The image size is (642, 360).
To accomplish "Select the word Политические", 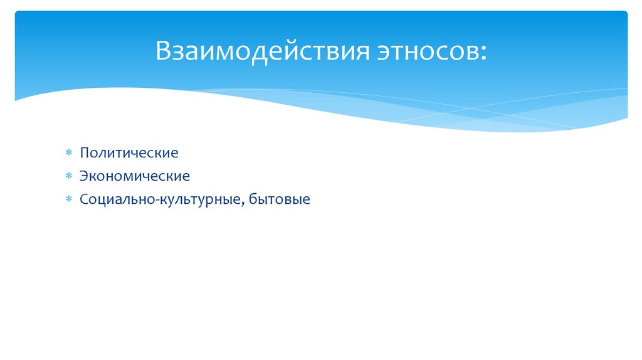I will click(x=129, y=153).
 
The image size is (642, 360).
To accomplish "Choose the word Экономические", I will click(x=134, y=177).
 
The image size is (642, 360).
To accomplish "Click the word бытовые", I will click(x=280, y=201).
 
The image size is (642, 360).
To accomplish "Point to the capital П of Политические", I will click(x=84, y=153).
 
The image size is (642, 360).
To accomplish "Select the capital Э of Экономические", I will click(x=83, y=177).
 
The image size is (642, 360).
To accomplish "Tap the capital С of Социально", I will click(x=83, y=201).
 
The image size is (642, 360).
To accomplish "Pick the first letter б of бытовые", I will click(x=252, y=201).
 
